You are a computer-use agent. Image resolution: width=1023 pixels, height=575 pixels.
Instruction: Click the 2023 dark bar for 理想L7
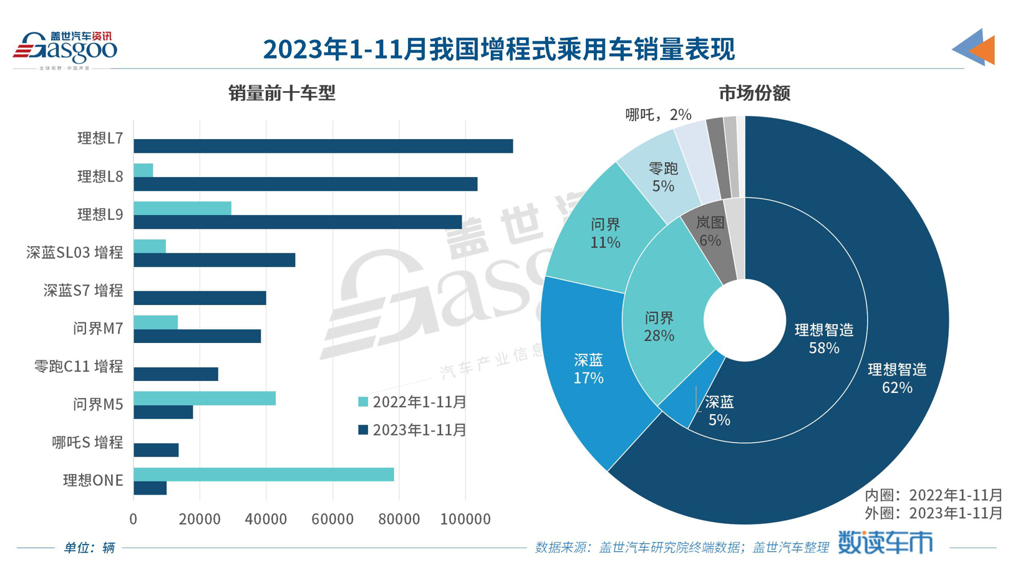pyautogui.click(x=323, y=146)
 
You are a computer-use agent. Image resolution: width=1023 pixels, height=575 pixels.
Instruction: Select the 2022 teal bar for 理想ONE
pyautogui.click(x=263, y=475)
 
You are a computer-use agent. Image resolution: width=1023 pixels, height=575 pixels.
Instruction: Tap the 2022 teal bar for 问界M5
pyautogui.click(x=205, y=399)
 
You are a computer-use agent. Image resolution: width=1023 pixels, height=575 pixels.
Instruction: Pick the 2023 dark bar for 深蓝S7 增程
pyautogui.click(x=200, y=298)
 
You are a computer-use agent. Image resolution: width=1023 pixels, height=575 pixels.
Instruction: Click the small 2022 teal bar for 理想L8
pyautogui.click(x=143, y=170)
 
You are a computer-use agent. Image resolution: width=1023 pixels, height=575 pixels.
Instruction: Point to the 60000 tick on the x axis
pyautogui.click(x=332, y=519)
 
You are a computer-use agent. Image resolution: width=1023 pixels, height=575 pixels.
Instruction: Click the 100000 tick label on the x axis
pyautogui.click(x=465, y=519)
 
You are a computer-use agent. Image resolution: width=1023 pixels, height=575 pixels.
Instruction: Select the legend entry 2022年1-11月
pyautogui.click(x=412, y=402)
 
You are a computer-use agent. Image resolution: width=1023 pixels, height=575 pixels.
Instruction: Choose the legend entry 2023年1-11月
pyautogui.click(x=412, y=430)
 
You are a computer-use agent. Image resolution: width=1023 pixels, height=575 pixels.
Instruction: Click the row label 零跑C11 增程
pyautogui.click(x=79, y=367)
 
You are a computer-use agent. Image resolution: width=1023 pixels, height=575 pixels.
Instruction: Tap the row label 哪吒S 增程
pyautogui.click(x=87, y=443)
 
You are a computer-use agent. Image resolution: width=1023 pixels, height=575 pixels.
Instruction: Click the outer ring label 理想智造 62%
pyautogui.click(x=897, y=379)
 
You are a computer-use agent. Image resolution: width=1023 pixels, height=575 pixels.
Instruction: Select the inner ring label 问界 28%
pyautogui.click(x=659, y=327)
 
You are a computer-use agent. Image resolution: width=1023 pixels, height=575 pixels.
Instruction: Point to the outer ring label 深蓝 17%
pyautogui.click(x=588, y=369)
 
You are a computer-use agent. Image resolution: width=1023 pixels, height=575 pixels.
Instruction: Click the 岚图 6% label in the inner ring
pyautogui.click(x=710, y=231)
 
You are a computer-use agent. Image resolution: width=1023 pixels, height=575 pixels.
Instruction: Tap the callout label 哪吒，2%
pyautogui.click(x=658, y=115)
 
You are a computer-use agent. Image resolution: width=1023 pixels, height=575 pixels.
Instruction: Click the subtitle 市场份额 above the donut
pyautogui.click(x=754, y=94)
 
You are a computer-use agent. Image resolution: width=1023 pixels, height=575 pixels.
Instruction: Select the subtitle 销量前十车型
pyautogui.click(x=282, y=94)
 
